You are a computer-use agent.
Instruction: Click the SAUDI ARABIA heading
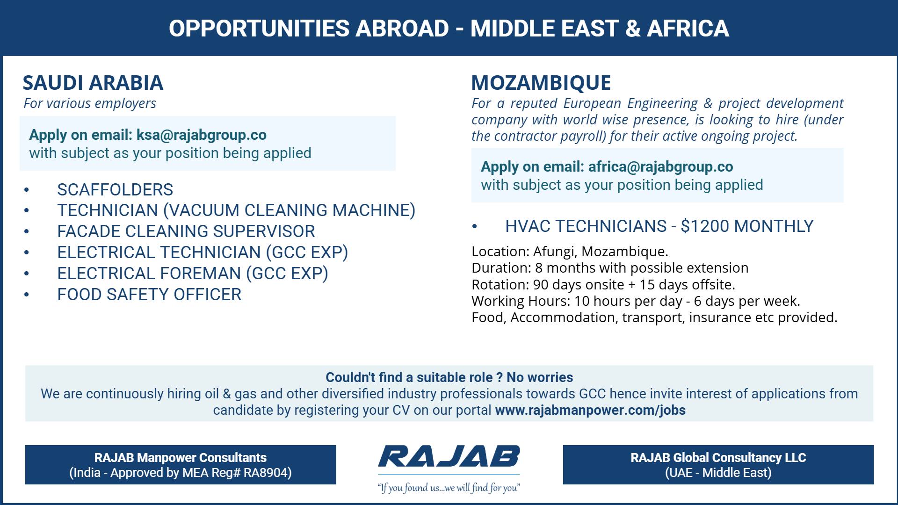click(x=93, y=83)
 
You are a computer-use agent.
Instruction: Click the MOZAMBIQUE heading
click(x=541, y=83)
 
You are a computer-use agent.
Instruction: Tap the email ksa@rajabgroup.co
click(x=201, y=135)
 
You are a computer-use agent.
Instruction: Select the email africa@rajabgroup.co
click(x=660, y=167)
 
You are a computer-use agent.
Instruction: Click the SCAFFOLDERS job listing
click(x=115, y=190)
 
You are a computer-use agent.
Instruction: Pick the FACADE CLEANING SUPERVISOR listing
click(x=186, y=231)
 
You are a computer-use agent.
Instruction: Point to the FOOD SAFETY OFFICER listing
click(x=149, y=295)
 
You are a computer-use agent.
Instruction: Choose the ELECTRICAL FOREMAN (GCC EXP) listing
click(x=192, y=274)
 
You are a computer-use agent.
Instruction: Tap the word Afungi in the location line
click(x=554, y=252)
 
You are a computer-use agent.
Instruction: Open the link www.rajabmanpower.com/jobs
click(x=590, y=411)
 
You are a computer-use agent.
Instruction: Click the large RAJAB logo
click(x=449, y=457)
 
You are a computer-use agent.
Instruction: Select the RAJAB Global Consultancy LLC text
click(x=718, y=458)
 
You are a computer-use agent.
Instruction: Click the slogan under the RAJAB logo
click(x=449, y=488)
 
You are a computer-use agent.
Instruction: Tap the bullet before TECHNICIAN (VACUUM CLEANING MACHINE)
click(x=27, y=211)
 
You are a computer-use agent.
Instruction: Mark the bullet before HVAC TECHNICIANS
click(x=475, y=227)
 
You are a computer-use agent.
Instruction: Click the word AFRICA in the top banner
click(x=688, y=29)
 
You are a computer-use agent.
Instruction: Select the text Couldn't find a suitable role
click(x=409, y=378)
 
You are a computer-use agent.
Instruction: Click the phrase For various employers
click(x=90, y=103)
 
